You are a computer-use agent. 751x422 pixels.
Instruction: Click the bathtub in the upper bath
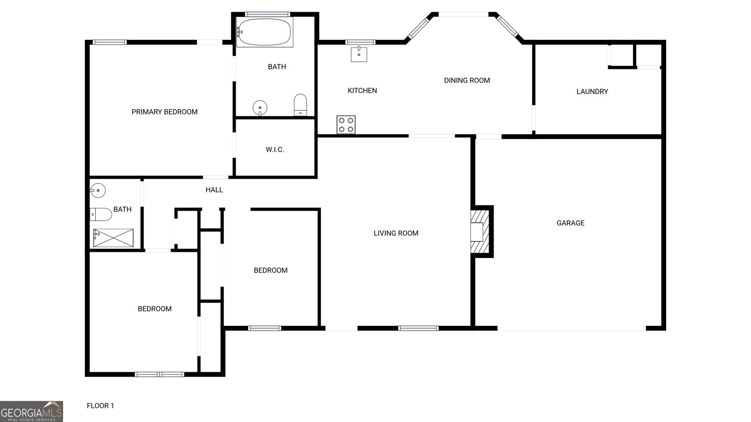[264, 32]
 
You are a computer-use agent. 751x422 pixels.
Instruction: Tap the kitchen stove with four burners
[346, 125]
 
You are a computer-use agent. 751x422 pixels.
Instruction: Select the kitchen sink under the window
[359, 54]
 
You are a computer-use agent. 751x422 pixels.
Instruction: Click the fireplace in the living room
[480, 232]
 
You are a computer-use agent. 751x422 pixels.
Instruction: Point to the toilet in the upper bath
[300, 105]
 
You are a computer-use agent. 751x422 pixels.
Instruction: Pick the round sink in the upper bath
[260, 107]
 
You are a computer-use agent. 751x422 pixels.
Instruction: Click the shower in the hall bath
[113, 238]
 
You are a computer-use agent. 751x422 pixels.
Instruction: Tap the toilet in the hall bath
[100, 214]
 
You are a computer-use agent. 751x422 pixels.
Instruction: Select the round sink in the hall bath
[98, 190]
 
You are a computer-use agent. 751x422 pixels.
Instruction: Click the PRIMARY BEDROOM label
[164, 112]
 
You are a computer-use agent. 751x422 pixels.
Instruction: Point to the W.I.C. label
[275, 150]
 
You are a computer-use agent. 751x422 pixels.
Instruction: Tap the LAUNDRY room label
[592, 91]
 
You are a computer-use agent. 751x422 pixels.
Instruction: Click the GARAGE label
[570, 223]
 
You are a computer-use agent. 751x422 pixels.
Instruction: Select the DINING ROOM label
[467, 80]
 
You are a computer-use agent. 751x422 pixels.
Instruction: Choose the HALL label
[214, 190]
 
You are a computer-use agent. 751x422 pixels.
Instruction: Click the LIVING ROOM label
[396, 233]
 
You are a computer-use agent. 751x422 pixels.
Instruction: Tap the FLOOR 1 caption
[100, 406]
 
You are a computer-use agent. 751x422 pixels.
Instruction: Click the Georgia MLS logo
[31, 411]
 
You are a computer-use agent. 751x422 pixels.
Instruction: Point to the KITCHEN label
[362, 90]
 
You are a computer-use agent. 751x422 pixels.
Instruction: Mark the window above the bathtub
[268, 15]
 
